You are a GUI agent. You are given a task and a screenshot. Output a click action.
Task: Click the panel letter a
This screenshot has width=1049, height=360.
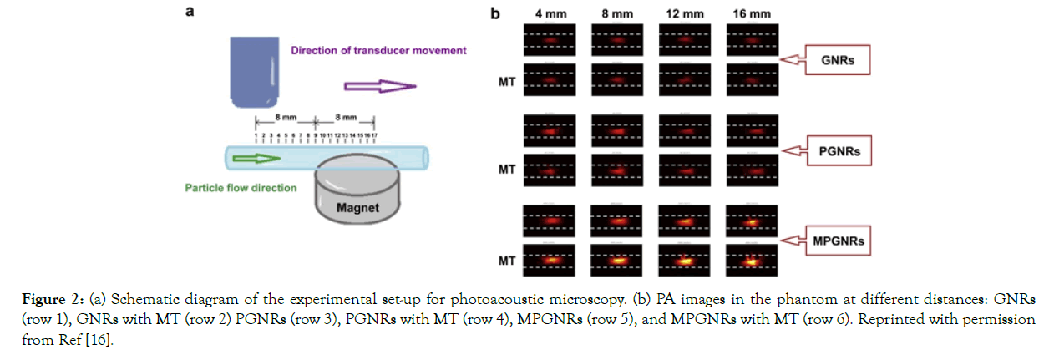coord(190,12)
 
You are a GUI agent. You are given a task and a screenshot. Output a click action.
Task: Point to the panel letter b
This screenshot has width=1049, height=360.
coord(495,13)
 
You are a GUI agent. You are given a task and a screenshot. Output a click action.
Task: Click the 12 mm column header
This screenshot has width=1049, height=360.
coord(684,13)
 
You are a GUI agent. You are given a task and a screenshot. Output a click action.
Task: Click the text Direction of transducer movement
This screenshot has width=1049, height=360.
coord(378,50)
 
